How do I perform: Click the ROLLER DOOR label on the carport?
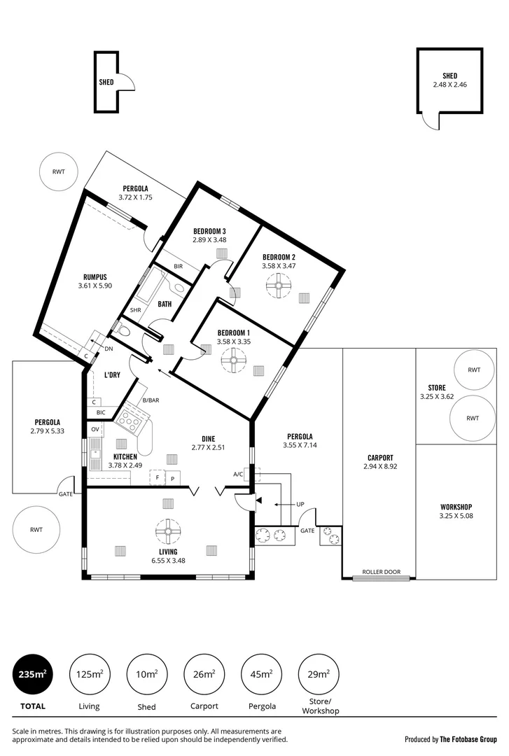381,572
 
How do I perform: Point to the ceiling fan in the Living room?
167,531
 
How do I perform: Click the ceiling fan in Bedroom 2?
279,285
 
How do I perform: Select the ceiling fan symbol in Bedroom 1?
232,362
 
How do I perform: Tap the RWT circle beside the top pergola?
57,171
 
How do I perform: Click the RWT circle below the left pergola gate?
36,530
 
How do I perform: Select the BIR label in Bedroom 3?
178,267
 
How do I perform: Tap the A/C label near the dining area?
238,474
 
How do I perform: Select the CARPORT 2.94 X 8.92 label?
379,462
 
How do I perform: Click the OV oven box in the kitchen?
95,429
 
